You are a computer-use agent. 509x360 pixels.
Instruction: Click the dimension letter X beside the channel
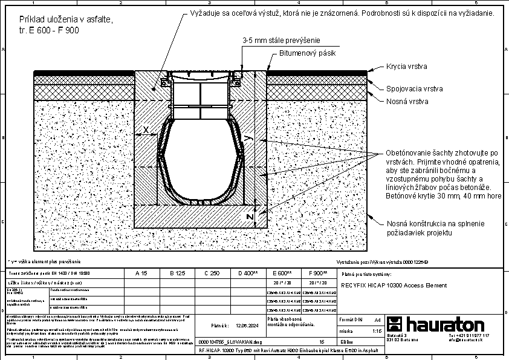(145, 129)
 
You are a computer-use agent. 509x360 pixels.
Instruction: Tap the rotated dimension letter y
(247, 139)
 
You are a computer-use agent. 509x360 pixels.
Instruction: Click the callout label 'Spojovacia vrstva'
(415, 88)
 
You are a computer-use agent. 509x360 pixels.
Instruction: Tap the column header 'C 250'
(212, 273)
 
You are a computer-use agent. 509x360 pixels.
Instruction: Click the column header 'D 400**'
(248, 273)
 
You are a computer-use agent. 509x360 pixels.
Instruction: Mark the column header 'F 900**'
(318, 273)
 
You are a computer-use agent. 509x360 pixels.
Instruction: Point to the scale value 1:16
(377, 332)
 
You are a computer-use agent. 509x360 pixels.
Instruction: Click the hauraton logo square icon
(395, 324)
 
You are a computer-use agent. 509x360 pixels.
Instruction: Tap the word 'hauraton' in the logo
(445, 324)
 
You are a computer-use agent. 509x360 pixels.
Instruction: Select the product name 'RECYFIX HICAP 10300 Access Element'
(394, 285)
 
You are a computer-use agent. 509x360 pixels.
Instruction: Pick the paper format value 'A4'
(377, 319)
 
